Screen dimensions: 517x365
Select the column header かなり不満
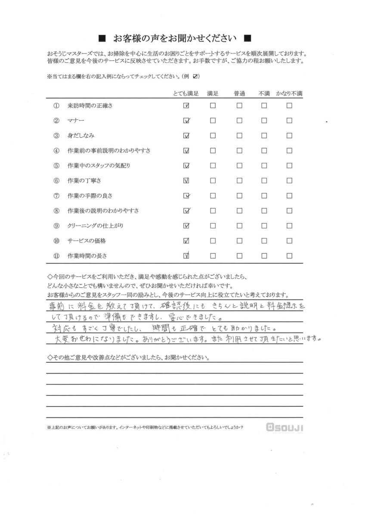(289, 93)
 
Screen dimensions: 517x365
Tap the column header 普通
(239, 93)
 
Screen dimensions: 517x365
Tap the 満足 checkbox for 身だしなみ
(213, 136)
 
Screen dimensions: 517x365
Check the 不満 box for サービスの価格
(264, 240)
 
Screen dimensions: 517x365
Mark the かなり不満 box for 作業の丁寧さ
(289, 181)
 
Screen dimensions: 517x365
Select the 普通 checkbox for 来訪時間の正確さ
(239, 106)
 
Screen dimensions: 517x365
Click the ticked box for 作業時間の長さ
(186, 255)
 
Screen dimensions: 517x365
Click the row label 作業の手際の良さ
(90, 196)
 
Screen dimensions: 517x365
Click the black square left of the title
(102, 38)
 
